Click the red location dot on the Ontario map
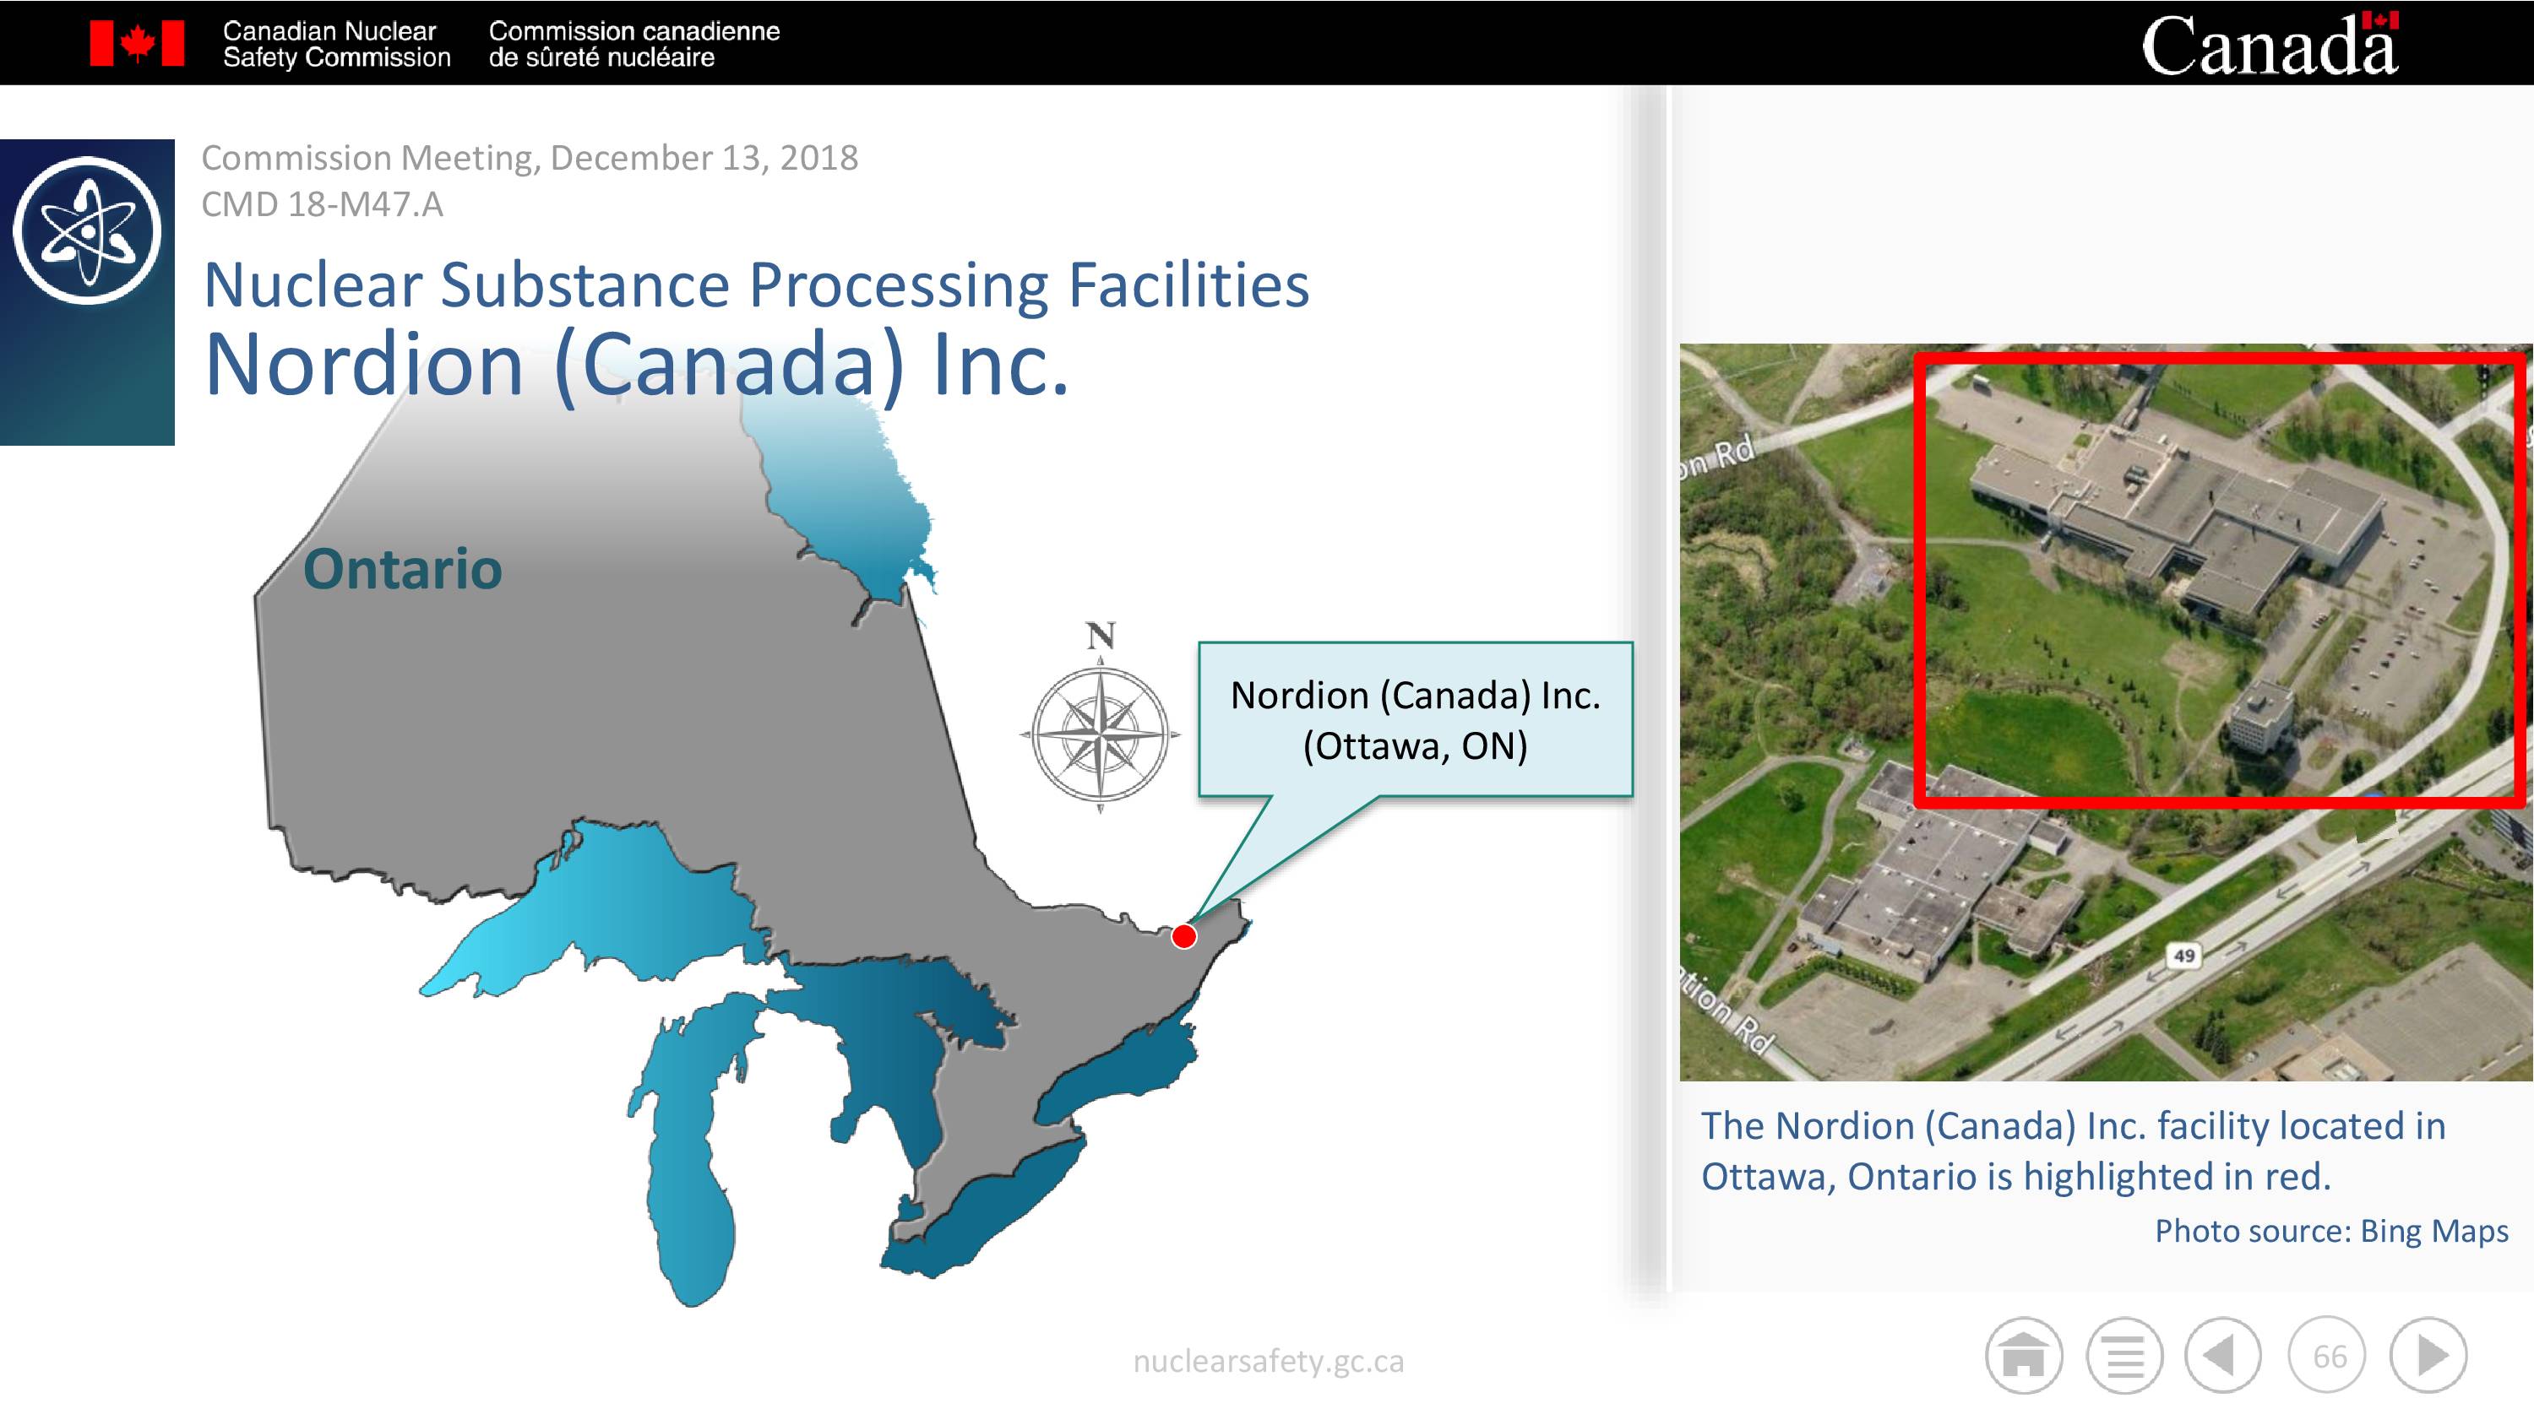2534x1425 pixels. click(1184, 936)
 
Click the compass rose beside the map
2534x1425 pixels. click(1100, 734)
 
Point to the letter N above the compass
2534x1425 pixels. click(1101, 636)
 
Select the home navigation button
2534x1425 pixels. click(2024, 1355)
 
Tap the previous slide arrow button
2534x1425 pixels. click(2223, 1355)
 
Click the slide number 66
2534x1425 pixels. click(2330, 1356)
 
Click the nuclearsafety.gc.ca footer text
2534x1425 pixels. click(1268, 1361)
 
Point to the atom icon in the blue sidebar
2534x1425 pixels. click(88, 230)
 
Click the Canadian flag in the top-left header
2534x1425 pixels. click(137, 43)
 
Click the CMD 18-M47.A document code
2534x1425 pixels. click(322, 204)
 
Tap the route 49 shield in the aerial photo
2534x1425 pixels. click(2183, 955)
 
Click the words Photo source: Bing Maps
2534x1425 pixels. click(2331, 1232)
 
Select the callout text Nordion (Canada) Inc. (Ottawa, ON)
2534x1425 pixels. click(1416, 720)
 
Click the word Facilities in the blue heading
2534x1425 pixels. click(1188, 285)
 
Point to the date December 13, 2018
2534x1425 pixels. click(704, 157)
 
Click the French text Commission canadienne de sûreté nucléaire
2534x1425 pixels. click(634, 44)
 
